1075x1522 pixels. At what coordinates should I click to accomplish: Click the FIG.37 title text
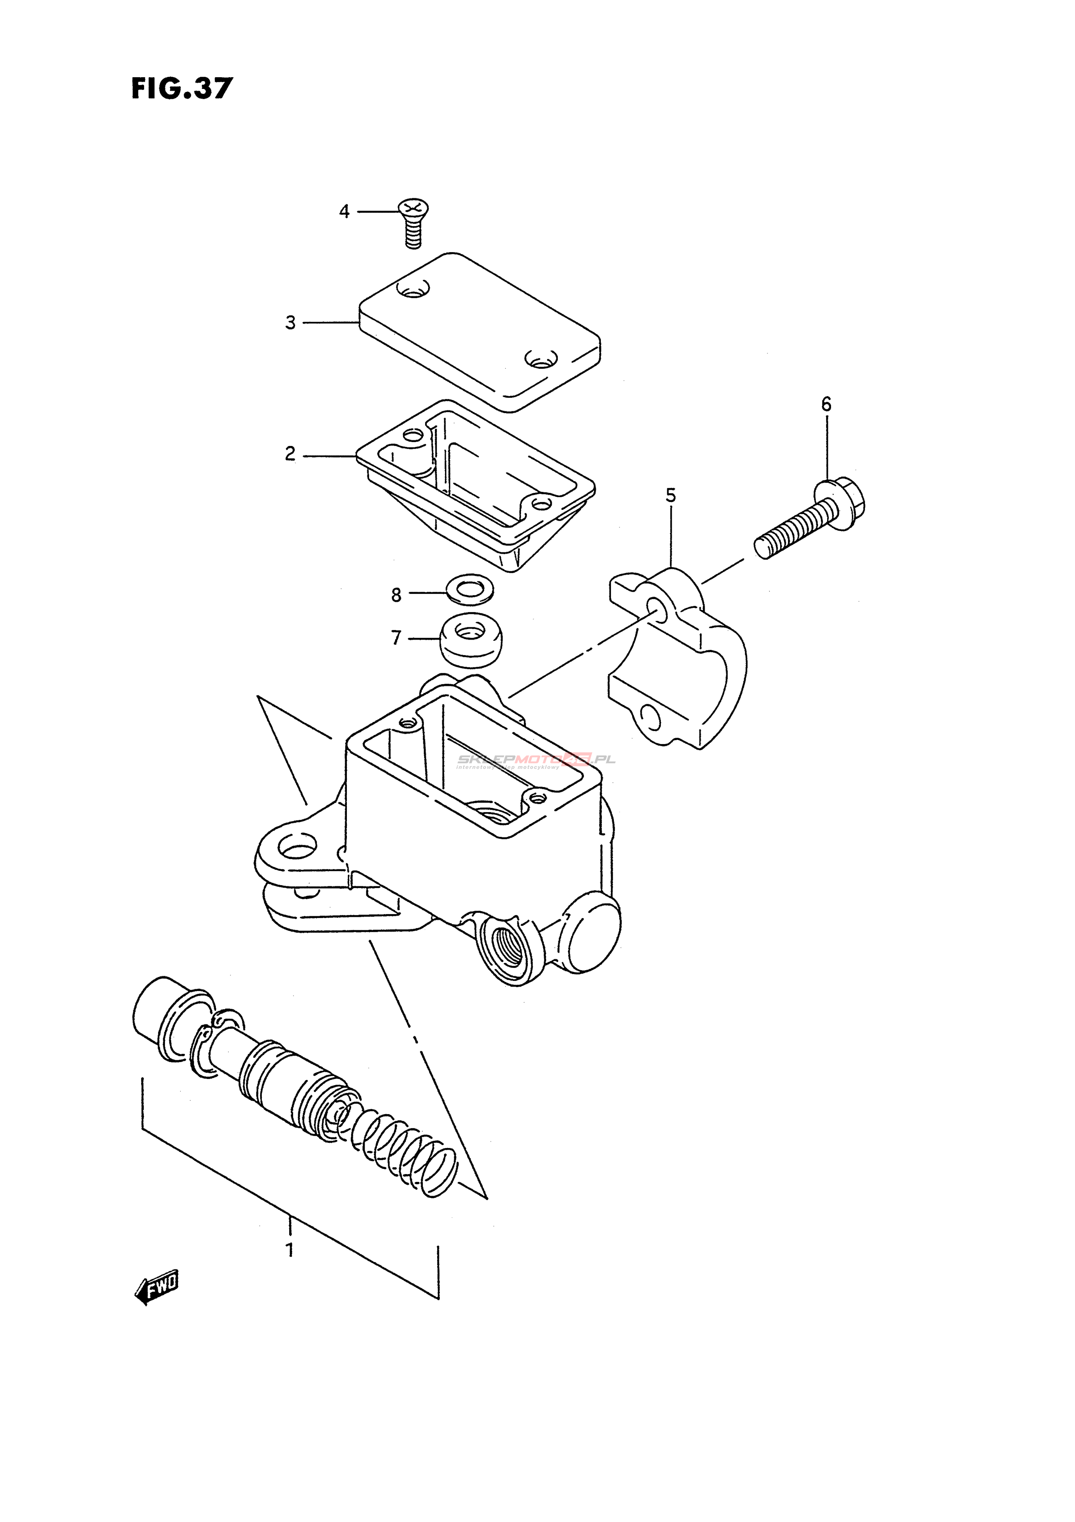[182, 88]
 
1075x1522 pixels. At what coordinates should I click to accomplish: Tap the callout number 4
[344, 212]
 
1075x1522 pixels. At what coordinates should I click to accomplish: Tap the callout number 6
[826, 404]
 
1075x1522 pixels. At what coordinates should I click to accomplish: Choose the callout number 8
[396, 595]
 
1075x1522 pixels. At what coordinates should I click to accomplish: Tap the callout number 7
[396, 638]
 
